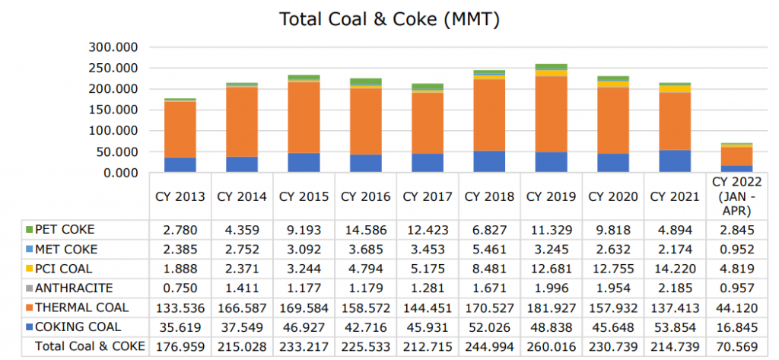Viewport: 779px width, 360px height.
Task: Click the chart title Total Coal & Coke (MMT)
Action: point(389,19)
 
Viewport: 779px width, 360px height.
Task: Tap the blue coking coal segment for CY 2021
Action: point(676,161)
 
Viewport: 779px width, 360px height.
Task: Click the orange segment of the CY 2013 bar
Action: point(180,129)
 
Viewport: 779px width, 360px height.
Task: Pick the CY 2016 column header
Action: point(366,196)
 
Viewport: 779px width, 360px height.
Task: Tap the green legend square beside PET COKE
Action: point(29,229)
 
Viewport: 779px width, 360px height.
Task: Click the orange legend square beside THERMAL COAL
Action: point(29,308)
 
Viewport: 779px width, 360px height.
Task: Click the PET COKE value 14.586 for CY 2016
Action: point(366,229)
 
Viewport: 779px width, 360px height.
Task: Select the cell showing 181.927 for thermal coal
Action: point(552,308)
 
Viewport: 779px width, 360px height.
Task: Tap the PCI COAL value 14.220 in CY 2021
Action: point(676,269)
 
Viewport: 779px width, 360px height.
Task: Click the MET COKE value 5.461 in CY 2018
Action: point(490,249)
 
